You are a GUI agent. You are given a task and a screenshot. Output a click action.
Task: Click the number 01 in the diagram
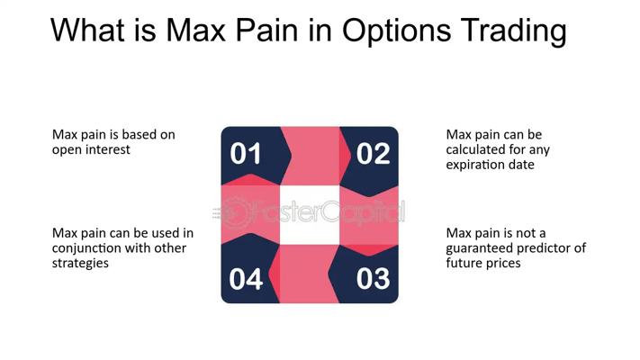[246, 154]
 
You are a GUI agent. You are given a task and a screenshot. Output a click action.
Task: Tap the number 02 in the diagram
[373, 154]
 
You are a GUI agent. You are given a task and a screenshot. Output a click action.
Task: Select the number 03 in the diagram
[373, 279]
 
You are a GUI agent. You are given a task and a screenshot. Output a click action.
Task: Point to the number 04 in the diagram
[246, 279]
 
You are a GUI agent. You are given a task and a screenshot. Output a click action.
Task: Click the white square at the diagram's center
[309, 214]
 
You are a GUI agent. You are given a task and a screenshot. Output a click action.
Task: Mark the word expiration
[479, 165]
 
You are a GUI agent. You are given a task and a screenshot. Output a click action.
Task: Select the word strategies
[80, 264]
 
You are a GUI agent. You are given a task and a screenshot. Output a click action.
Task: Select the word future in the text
[464, 264]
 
